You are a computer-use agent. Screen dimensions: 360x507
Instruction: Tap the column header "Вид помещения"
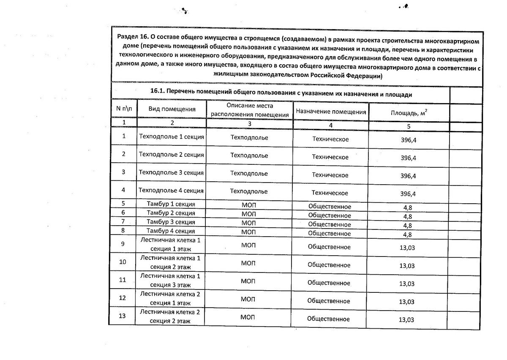(x=172, y=109)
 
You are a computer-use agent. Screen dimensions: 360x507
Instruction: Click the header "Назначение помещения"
(x=331, y=112)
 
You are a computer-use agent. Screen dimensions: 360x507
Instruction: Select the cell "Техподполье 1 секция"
(x=172, y=136)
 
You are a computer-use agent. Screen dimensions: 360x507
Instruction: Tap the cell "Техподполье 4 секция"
(x=172, y=191)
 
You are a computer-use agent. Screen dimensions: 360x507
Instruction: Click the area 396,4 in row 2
(x=408, y=158)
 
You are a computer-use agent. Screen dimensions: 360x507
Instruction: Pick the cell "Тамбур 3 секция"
(x=171, y=222)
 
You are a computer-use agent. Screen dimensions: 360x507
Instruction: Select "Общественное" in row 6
(x=330, y=215)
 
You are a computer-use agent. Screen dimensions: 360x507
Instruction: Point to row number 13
(x=123, y=316)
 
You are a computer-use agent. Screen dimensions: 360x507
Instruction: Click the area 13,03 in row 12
(x=407, y=302)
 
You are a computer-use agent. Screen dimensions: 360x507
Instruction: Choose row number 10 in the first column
(x=123, y=262)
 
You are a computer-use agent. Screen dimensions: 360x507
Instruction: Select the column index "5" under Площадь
(x=409, y=126)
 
